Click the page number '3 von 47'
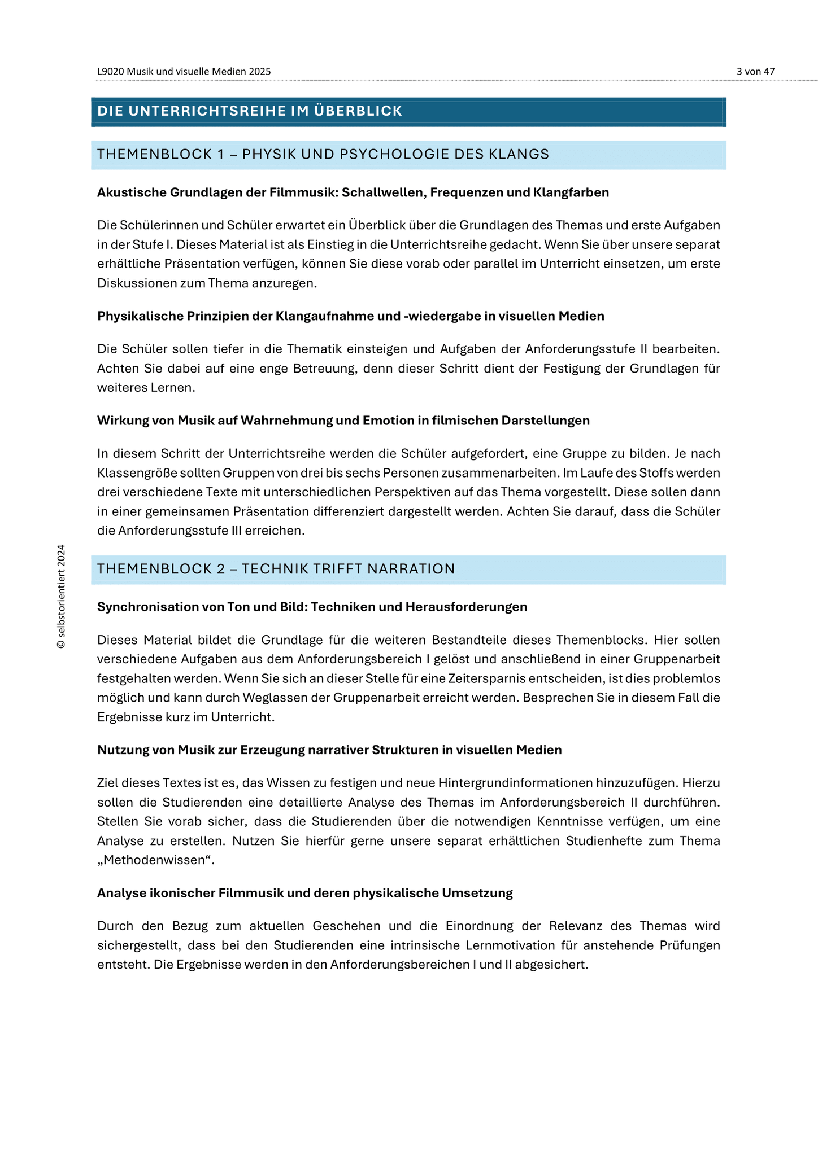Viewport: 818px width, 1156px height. [755, 72]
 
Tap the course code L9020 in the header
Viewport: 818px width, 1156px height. [111, 72]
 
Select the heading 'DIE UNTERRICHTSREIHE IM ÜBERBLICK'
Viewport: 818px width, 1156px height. [249, 111]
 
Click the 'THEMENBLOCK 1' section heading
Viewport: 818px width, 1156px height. [323, 155]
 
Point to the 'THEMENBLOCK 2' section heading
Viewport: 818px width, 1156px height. [276, 569]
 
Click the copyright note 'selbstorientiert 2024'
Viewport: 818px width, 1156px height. [62, 596]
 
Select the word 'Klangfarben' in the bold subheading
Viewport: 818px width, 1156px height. [571, 192]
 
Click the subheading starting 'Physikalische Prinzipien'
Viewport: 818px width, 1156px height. [350, 316]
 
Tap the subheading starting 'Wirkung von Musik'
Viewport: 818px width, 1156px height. [343, 421]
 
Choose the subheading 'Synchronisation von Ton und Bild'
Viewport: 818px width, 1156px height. [312, 607]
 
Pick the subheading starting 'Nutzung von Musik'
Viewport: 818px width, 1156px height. [329, 750]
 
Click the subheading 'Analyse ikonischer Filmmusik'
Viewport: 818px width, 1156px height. [304, 893]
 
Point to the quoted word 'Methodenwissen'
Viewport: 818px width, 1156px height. [156, 860]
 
